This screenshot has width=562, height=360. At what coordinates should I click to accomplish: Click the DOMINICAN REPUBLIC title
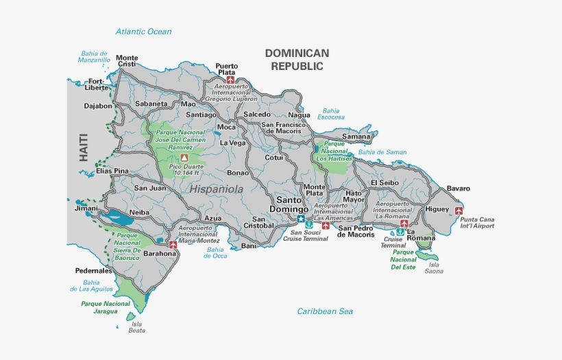pos(297,60)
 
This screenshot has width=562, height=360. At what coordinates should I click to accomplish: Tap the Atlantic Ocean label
pos(143,32)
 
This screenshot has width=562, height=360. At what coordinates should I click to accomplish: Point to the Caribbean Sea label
pos(325,311)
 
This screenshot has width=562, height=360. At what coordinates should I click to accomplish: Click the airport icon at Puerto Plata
pos(230,80)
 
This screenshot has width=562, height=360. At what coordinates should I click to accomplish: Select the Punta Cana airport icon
pos(459,211)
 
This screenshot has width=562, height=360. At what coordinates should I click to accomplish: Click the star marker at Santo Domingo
pos(301,219)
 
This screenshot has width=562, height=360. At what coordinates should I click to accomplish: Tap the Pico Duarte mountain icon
pos(184,158)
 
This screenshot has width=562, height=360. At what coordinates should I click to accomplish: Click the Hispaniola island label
pos(217,189)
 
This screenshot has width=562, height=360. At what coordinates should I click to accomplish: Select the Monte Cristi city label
pos(127,61)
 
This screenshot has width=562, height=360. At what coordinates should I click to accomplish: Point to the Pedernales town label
pos(94,271)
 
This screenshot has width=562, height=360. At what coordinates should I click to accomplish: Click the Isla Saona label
pos(433,267)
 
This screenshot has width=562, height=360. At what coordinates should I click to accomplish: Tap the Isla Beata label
pos(137,327)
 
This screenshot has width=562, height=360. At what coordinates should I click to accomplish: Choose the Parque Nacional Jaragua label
pos(106,307)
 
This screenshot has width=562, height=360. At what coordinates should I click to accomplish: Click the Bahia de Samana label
pos(382,152)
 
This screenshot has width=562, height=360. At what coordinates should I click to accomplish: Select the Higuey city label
pos(437,209)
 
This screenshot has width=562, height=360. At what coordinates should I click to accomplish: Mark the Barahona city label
pos(160,253)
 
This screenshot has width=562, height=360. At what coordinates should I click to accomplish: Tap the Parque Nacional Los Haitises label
pos(334,151)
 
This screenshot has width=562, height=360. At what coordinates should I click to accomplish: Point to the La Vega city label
pos(232,143)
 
